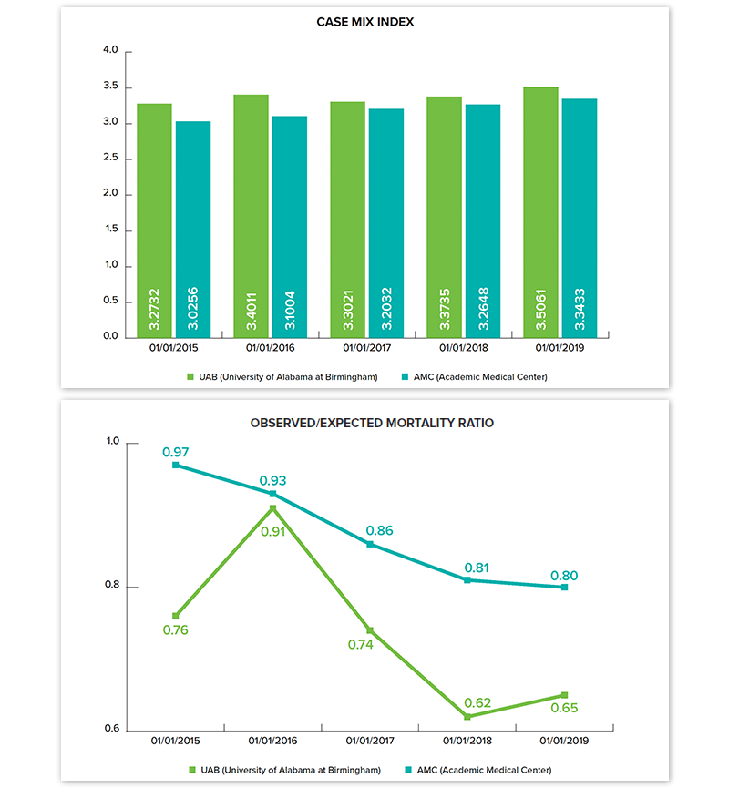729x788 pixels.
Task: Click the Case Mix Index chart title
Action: pos(364,22)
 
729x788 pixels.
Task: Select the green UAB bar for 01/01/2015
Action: pos(154,219)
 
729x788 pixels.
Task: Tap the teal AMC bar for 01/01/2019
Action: pos(580,219)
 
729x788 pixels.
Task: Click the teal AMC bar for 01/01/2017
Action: pos(386,223)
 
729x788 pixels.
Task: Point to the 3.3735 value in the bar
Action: pos(444,307)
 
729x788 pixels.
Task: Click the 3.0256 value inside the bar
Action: pos(193,307)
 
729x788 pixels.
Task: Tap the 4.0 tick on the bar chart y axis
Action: pos(111,51)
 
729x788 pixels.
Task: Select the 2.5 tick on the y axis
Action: pos(111,159)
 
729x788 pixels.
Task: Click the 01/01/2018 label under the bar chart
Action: pos(464,347)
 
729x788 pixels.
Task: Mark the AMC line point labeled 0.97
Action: pos(176,466)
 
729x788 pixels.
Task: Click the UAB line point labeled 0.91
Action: pos(272,508)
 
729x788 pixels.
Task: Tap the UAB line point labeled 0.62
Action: pos(467,717)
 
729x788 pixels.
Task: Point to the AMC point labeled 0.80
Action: pos(564,588)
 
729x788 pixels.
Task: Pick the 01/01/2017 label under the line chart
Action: pos(369,741)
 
